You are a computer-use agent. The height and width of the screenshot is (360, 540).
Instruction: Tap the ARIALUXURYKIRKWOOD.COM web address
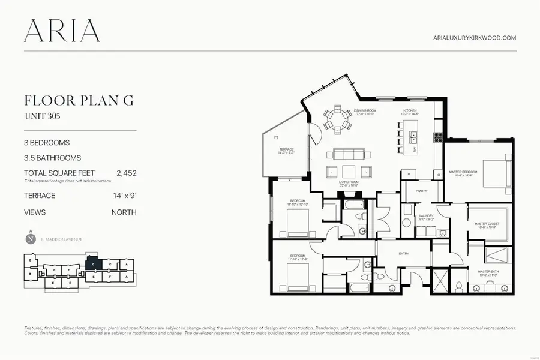tap(475, 37)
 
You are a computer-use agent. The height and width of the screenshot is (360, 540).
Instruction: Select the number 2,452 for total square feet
tap(127, 173)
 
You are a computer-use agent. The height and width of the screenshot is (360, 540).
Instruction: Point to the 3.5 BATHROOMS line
tap(52, 158)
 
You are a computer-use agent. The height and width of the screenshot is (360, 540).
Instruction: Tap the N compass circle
tap(30, 239)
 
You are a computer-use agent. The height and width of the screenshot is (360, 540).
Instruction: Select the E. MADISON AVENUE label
tap(62, 239)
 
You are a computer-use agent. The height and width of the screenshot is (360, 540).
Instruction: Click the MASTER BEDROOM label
tap(463, 173)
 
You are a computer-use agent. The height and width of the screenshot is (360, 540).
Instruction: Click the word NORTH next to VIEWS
tap(124, 212)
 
